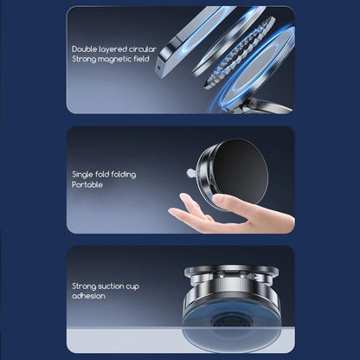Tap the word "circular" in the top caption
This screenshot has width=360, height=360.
[143, 49]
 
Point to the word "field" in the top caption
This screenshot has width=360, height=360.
[141, 59]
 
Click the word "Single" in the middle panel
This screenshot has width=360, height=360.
[82, 175]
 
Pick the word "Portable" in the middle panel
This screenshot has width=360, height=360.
[87, 184]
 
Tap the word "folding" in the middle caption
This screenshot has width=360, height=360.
[124, 175]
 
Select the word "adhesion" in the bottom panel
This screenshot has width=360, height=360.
[88, 296]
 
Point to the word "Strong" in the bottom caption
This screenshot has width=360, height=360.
[84, 286]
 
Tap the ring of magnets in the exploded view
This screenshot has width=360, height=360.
[240, 52]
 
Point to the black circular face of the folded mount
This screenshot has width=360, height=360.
[241, 171]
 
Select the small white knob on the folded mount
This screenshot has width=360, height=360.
[190, 173]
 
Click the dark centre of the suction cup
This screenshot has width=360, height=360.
[231, 321]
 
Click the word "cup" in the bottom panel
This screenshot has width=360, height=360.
[132, 287]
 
